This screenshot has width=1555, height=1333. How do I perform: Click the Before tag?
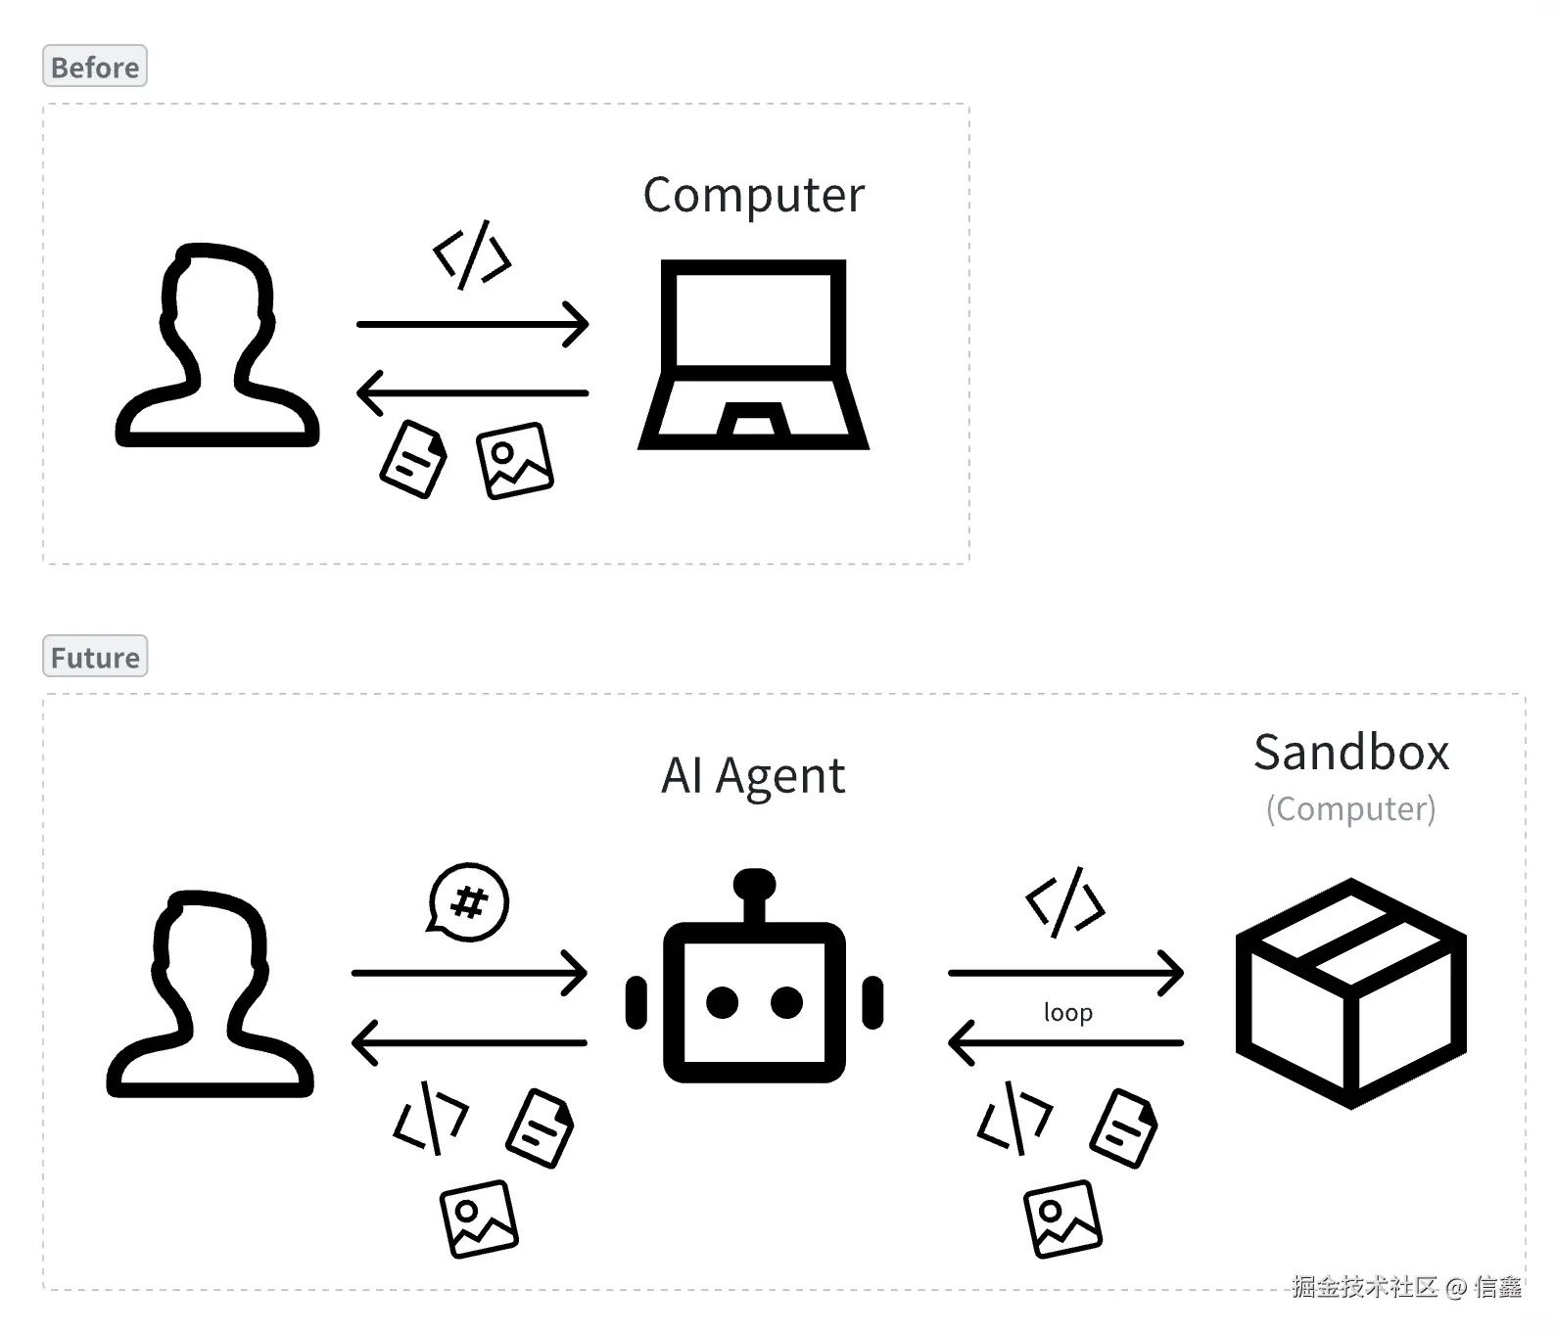pyautogui.click(x=95, y=67)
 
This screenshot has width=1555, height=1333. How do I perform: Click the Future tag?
pyautogui.click(x=95, y=657)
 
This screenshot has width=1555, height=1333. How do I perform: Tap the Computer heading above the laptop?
pyautogui.click(x=754, y=196)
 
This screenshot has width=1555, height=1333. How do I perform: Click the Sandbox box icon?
pyautogui.click(x=1351, y=993)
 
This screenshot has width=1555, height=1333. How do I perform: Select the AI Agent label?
pyautogui.click(x=753, y=777)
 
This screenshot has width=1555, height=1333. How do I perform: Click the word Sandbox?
pyautogui.click(x=1351, y=753)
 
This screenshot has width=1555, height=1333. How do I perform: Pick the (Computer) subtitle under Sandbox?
pyautogui.click(x=1351, y=809)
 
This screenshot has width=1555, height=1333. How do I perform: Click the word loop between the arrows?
pyautogui.click(x=1068, y=1012)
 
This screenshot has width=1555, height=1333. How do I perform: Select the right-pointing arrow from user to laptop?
pyautogui.click(x=473, y=324)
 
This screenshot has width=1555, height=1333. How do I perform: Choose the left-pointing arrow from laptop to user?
pyautogui.click(x=473, y=393)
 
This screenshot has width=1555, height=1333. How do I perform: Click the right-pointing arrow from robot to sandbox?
pyautogui.click(x=1066, y=973)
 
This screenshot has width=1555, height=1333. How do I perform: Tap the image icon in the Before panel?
pyautogui.click(x=515, y=460)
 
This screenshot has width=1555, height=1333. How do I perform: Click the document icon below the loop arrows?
pyautogui.click(x=1124, y=1128)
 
